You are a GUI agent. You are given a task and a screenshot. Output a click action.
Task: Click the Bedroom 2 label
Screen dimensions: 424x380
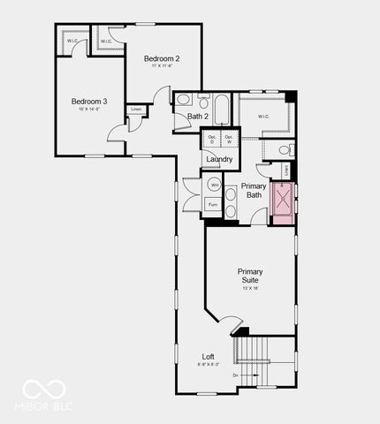click(163, 59)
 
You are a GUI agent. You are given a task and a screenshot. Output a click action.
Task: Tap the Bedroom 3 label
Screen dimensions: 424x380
click(89, 102)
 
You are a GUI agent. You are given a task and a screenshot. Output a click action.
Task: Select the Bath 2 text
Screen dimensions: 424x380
click(198, 117)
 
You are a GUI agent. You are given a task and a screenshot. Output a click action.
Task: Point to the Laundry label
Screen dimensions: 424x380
click(220, 159)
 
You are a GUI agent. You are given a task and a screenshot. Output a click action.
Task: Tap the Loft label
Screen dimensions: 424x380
click(208, 357)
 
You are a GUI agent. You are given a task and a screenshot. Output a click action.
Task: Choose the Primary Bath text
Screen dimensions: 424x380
click(254, 191)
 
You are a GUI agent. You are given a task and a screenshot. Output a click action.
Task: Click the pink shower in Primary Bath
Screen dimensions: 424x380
click(283, 204)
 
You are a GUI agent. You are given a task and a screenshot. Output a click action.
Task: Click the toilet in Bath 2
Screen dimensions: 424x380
click(182, 100)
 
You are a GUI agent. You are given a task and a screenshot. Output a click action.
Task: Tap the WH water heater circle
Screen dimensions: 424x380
click(215, 185)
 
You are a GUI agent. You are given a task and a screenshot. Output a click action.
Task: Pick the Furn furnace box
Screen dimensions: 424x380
click(213, 205)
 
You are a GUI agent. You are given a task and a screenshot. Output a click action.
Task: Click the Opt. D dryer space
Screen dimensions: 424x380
click(212, 139)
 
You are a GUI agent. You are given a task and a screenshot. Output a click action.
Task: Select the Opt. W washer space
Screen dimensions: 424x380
click(229, 139)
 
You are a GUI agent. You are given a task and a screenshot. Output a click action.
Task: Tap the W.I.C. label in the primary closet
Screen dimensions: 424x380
click(264, 117)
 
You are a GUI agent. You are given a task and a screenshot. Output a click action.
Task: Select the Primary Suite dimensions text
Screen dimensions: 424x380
click(250, 288)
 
